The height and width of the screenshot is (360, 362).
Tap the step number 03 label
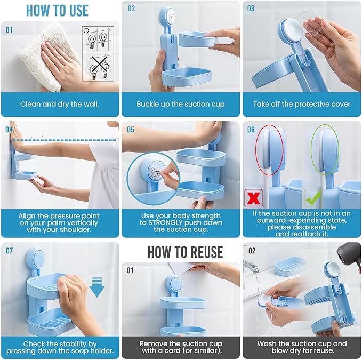click(251, 9)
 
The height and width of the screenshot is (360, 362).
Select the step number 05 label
click(131, 130)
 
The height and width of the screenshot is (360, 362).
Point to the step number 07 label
click(9, 250)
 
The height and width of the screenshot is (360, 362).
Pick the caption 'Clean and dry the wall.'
click(60, 104)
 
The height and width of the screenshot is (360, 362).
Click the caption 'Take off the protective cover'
click(302, 104)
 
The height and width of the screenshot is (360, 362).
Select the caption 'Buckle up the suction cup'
click(181, 104)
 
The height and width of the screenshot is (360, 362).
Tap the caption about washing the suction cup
click(302, 347)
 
